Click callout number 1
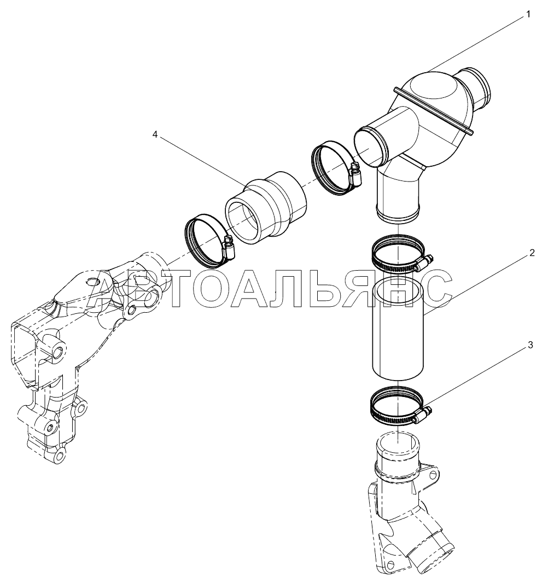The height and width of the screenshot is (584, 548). (528, 14)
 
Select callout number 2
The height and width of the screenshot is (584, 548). (532, 253)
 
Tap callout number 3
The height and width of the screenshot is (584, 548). (530, 345)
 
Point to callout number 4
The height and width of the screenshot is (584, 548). (155, 135)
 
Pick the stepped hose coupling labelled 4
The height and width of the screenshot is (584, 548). (265, 208)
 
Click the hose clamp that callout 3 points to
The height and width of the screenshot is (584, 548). (399, 407)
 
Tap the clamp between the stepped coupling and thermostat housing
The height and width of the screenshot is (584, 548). (335, 168)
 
